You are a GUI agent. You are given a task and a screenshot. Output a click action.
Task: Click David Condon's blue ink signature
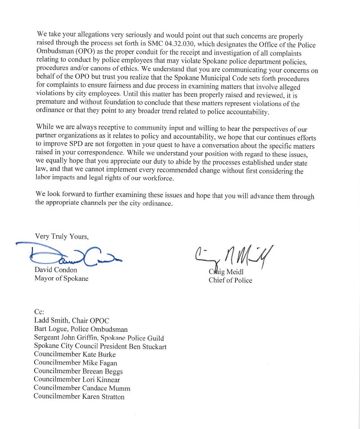pyautogui.click(x=67, y=256)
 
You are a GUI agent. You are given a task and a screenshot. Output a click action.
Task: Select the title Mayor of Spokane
pyautogui.click(x=61, y=279)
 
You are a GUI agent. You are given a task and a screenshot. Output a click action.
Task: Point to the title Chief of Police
pyautogui.click(x=230, y=280)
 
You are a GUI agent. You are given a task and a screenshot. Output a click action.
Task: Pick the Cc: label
pyautogui.click(x=39, y=312)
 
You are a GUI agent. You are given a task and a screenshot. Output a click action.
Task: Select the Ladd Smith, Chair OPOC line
pyautogui.click(x=71, y=320)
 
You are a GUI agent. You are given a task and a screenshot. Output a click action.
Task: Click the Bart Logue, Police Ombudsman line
pyautogui.click(x=81, y=329)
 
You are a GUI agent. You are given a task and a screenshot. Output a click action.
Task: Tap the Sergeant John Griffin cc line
pyautogui.click(x=98, y=338)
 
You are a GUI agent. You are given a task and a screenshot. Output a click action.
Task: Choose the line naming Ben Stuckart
pyautogui.click(x=100, y=346)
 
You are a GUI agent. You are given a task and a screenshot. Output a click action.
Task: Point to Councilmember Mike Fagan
pyautogui.click(x=75, y=363)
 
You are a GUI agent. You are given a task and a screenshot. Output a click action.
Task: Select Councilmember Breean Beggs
pyautogui.click(x=78, y=371)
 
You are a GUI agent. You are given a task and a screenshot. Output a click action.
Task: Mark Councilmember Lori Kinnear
pyautogui.click(x=77, y=380)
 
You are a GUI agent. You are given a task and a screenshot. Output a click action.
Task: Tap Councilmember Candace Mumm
pyautogui.click(x=82, y=388)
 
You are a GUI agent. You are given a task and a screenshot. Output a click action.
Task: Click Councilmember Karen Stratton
pyautogui.click(x=79, y=397)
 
